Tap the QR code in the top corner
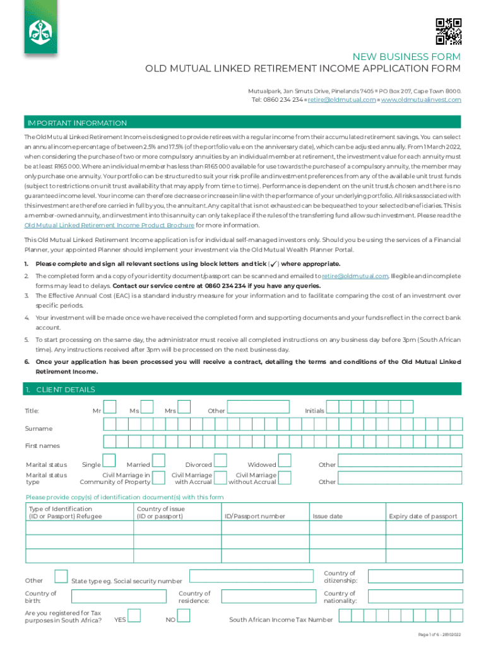pyautogui.click(x=449, y=32)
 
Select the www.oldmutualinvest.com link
pyautogui.click(x=421, y=100)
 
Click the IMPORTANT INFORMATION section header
pyautogui.click(x=76, y=123)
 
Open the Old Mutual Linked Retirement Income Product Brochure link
pyautogui.click(x=109, y=224)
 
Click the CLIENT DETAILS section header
pyautogui.click(x=61, y=389)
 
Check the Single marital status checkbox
pyautogui.click(x=109, y=461)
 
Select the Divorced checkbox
pyautogui.click(x=221, y=461)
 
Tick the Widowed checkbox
pyautogui.click(x=285, y=461)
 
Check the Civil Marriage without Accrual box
pyautogui.click(x=285, y=478)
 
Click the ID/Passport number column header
pyautogui.click(x=255, y=516)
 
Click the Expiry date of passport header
pyautogui.click(x=423, y=516)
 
